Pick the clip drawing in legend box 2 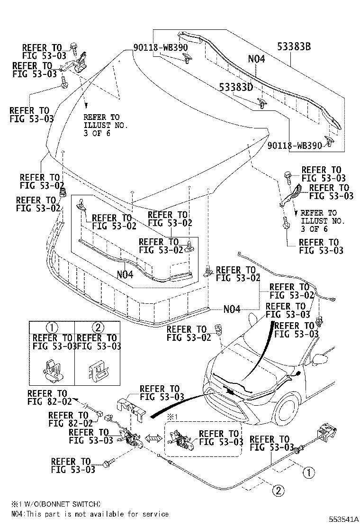coord(97,368)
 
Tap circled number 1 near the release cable coord(308,472)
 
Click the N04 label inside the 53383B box coord(256,59)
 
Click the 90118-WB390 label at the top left coord(153,48)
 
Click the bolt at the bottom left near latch coord(108,462)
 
